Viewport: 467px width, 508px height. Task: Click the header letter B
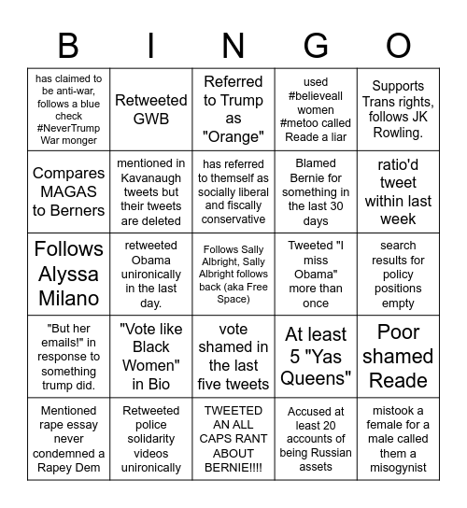click(68, 45)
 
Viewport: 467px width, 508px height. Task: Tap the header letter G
click(316, 45)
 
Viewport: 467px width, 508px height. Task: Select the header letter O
click(398, 45)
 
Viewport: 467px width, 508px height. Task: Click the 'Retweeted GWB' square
click(151, 101)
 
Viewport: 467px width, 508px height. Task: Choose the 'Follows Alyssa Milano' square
click(69, 274)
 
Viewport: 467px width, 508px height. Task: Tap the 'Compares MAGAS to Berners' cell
click(69, 191)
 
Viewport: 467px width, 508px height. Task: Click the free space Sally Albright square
click(233, 274)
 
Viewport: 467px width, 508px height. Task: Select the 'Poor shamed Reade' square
click(398, 356)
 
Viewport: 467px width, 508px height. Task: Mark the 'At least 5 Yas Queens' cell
click(316, 356)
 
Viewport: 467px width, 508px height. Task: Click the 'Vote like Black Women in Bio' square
click(151, 356)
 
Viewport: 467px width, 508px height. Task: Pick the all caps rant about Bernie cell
click(233, 438)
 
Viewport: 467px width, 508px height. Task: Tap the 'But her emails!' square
click(69, 356)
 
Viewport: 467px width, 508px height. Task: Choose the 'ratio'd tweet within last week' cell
click(398, 191)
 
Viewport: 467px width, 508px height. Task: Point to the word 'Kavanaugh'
click(151, 177)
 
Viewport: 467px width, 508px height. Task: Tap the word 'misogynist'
click(398, 467)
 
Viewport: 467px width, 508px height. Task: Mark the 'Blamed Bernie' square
click(316, 191)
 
